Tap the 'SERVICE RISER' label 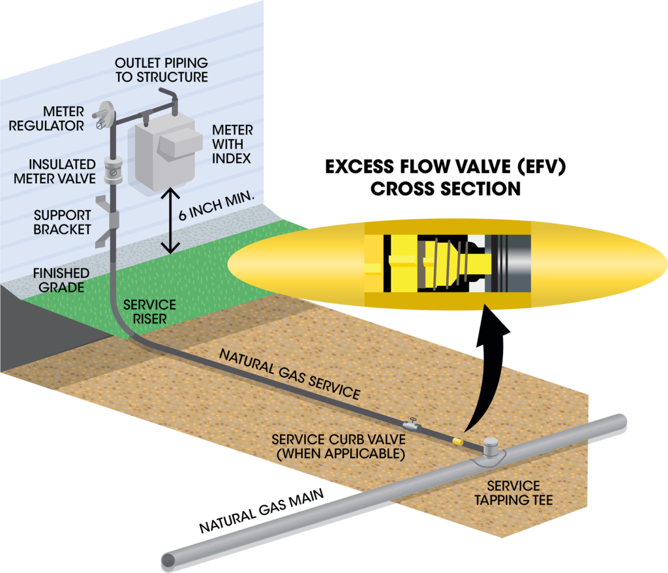coord(150,312)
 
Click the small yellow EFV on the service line coord(459,441)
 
